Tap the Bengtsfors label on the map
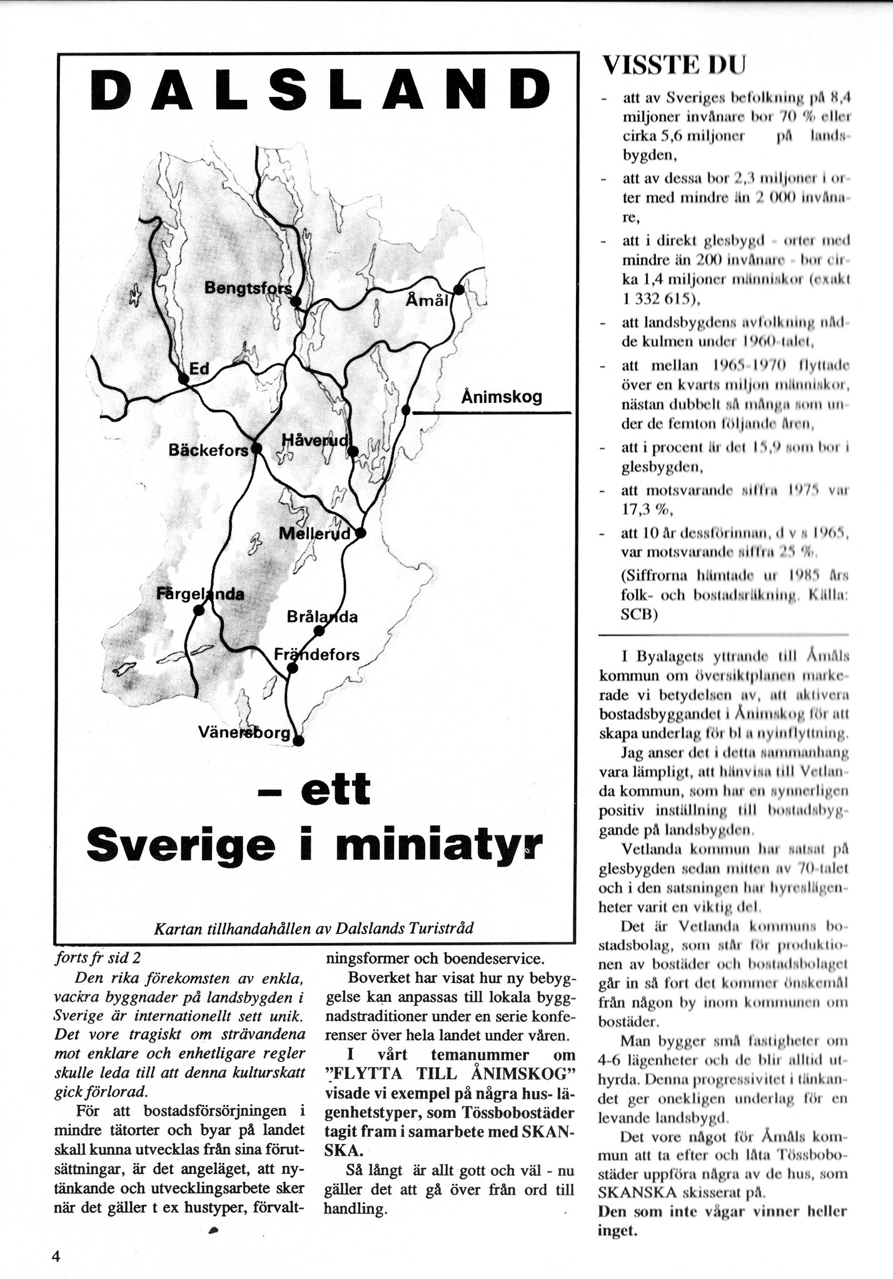248,288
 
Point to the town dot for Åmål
458,289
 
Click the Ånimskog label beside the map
502,397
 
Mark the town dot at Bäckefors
256,448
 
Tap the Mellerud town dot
360,533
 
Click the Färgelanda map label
200,594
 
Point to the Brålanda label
322,617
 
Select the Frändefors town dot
291,669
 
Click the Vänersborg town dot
299,742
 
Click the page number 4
55,1258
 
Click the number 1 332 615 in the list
655,299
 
